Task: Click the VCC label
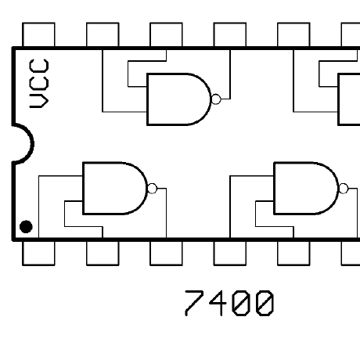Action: [39, 84]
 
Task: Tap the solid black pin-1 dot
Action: [26, 226]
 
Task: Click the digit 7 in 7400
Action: [194, 303]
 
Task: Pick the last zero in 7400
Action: [265, 303]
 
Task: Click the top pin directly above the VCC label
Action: [38, 34]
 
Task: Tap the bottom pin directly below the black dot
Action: [38, 253]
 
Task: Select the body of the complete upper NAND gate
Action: [179, 99]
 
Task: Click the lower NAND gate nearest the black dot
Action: [115, 188]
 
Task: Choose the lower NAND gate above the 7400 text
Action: [306, 188]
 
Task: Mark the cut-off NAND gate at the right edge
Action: [349, 99]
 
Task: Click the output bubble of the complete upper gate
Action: [216, 99]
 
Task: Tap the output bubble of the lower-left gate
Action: [153, 189]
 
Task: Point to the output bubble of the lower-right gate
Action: [344, 189]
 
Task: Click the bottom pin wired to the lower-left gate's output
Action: [166, 253]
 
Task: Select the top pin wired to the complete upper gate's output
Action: [230, 34]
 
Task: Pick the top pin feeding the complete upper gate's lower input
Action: [103, 34]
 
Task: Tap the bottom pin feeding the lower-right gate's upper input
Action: [230, 253]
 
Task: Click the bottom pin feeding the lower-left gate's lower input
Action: [103, 253]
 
